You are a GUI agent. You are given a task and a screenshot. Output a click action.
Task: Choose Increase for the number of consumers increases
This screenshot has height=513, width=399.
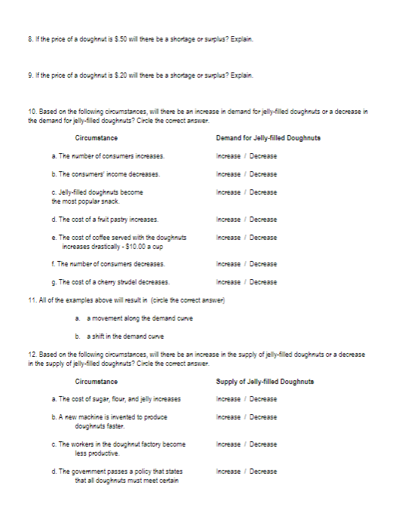pos(229,156)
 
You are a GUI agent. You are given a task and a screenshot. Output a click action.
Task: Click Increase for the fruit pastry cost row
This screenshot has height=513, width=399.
pos(229,220)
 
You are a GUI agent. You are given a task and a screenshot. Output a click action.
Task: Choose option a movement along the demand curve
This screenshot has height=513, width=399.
pos(129,320)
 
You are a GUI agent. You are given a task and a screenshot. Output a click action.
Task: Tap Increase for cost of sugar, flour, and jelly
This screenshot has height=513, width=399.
pos(229,399)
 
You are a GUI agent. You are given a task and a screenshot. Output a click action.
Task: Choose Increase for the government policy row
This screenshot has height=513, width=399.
pos(229,472)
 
